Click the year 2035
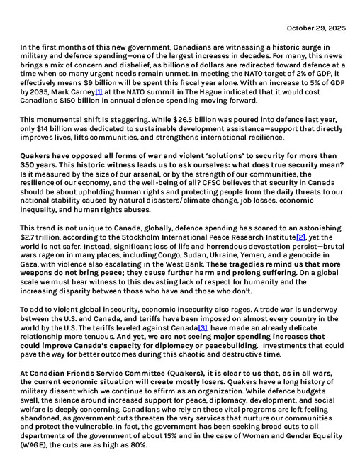[39, 92]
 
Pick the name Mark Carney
[73, 92]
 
